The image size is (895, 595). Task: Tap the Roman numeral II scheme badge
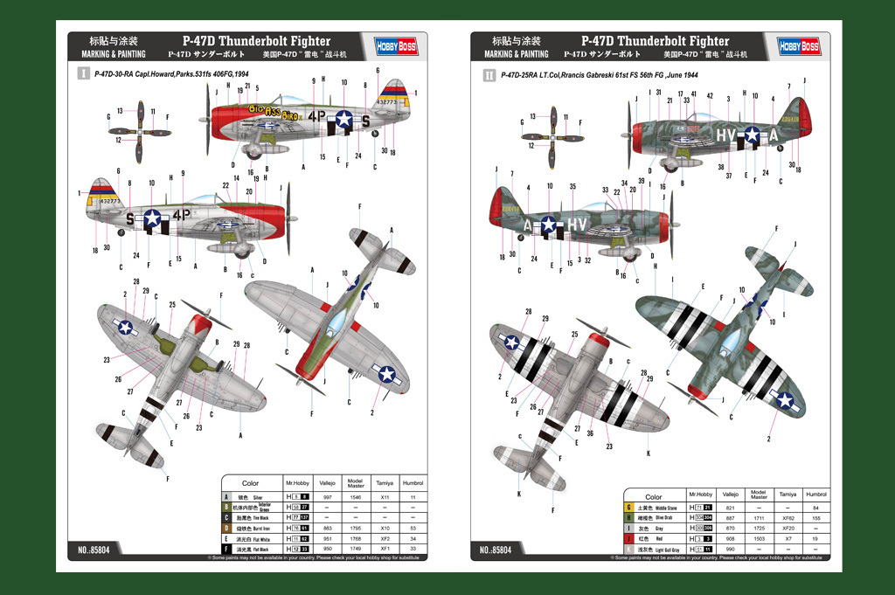pos(489,75)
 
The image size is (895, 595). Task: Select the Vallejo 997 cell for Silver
pos(327,496)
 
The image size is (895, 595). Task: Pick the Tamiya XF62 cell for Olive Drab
pos(789,518)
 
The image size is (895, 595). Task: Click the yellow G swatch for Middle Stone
pos(628,508)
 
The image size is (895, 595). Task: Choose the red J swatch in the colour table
pos(628,539)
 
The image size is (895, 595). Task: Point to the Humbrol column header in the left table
pos(413,483)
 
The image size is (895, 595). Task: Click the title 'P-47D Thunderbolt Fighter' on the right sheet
pos(656,40)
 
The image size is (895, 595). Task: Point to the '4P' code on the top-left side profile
pos(316,114)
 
